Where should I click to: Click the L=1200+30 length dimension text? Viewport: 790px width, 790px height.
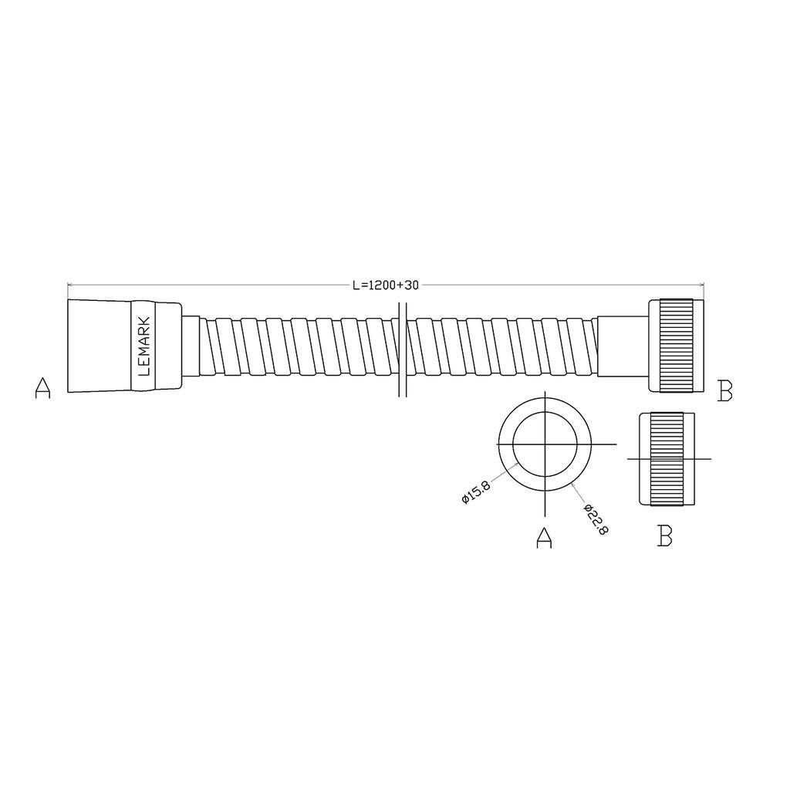coord(386,285)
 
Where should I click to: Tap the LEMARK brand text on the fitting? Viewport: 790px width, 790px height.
coord(143,346)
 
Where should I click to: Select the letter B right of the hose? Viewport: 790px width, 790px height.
coord(724,390)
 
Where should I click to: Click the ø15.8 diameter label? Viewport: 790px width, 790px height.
coord(475,492)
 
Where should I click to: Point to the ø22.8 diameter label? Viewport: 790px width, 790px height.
coord(596,519)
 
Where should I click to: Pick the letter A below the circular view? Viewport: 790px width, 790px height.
coord(544,538)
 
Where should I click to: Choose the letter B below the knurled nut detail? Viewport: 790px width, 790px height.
coord(665,535)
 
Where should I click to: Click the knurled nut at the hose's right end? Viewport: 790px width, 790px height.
coord(676,346)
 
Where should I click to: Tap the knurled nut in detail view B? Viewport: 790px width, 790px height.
coord(667,459)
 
